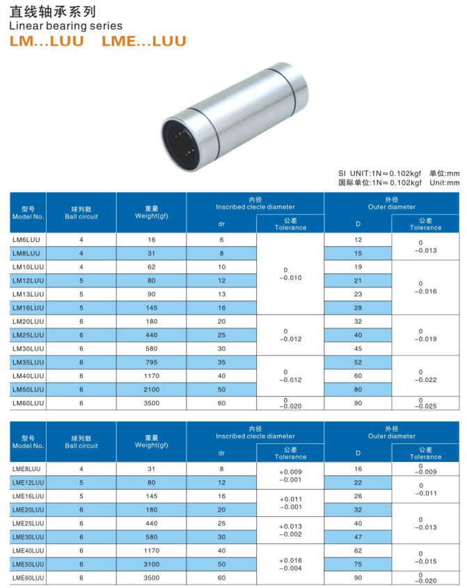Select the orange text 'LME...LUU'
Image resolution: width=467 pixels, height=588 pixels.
tap(144, 42)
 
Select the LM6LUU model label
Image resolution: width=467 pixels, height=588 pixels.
tap(26, 239)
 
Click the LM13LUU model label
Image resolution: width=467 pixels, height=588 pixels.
tap(29, 294)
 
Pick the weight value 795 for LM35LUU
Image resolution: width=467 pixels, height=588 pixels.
tap(151, 362)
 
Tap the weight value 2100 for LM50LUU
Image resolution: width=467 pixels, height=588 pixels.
tap(151, 389)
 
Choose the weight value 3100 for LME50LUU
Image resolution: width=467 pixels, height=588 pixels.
tap(151, 564)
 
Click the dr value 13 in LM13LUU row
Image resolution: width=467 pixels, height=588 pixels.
tap(221, 294)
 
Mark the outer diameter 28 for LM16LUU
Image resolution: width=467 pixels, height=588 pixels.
tap(358, 308)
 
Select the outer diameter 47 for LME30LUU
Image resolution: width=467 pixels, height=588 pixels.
tap(358, 537)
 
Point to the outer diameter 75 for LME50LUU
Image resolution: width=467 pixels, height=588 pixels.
tap(358, 564)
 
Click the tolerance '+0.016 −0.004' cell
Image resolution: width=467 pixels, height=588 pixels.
tap(290, 564)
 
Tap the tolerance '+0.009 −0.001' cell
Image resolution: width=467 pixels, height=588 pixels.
tap(290, 475)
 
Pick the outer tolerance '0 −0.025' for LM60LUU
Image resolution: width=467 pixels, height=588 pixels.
tap(425, 403)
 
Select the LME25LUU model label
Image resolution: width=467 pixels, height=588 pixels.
tap(29, 523)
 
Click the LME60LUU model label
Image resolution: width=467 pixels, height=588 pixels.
tap(29, 578)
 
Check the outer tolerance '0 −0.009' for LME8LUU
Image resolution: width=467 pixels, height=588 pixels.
tap(425, 469)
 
